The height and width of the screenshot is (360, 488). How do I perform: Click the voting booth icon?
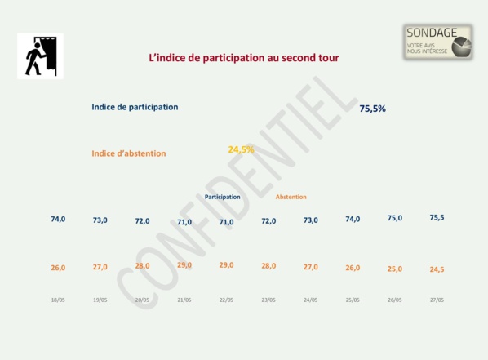40,56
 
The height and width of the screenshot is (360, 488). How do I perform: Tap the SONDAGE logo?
438,42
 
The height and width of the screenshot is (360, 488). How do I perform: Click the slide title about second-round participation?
243,58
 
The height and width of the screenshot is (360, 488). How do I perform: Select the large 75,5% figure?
372,108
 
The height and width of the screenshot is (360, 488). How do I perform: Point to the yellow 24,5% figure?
241,149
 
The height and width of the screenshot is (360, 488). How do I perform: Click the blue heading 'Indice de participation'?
135,107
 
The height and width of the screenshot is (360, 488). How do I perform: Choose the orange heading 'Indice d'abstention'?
129,153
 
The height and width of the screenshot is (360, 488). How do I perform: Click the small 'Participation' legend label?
222,197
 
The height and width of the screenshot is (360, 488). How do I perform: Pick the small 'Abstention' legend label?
291,197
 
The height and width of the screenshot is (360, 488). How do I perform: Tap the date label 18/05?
58,300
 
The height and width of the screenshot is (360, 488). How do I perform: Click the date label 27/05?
437,300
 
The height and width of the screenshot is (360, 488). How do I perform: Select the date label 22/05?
226,300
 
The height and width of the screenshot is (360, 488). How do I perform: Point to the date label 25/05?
353,300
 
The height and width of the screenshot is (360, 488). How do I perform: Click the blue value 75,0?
394,218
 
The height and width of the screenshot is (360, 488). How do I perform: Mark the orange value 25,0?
394,269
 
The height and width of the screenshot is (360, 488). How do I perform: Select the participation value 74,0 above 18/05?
58,219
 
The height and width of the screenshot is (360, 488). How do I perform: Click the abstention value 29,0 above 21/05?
184,265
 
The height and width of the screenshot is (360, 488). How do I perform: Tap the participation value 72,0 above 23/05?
268,220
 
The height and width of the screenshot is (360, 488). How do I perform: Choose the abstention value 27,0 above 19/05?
100,267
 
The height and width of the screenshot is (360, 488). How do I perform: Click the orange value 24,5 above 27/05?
437,269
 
